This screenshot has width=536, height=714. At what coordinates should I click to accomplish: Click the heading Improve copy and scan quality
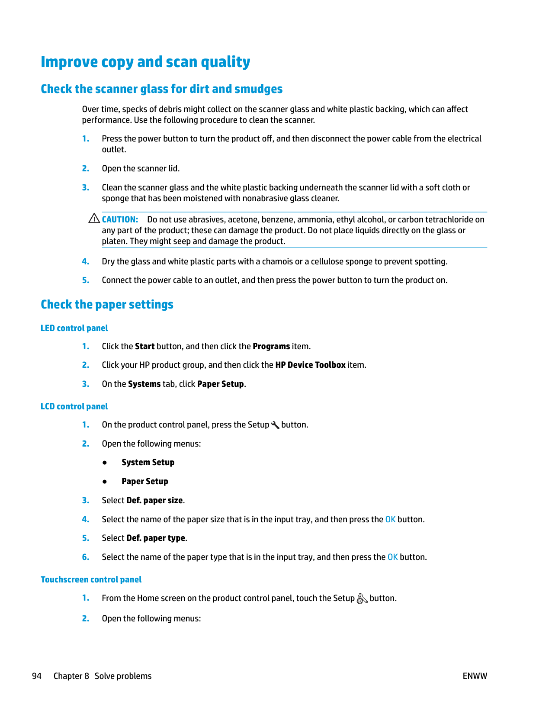(145, 62)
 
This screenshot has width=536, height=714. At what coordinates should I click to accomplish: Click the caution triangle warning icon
(94, 219)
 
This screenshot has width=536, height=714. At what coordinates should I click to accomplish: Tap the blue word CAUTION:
(120, 219)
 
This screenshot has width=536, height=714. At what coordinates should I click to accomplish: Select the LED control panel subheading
(74, 328)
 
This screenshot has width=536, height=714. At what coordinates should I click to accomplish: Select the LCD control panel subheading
(74, 406)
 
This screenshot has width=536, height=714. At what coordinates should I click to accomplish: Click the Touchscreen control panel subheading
(91, 579)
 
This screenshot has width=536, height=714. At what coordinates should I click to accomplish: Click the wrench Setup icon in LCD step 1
(275, 425)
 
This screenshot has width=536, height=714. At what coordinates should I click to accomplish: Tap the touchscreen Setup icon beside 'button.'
(362, 598)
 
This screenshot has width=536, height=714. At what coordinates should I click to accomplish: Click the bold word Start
(144, 346)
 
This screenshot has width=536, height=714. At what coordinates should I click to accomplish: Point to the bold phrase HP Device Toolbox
(310, 365)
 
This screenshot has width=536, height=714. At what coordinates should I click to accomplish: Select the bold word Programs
(271, 346)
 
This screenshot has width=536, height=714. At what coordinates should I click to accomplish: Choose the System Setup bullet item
(148, 462)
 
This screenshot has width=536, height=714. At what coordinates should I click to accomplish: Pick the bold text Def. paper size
(154, 500)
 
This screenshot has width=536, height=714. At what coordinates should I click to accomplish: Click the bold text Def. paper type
(156, 538)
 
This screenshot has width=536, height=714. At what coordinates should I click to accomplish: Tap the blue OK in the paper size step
(390, 519)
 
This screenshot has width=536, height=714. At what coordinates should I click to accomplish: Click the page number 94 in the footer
(37, 676)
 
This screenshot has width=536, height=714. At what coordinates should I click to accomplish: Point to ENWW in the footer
(475, 676)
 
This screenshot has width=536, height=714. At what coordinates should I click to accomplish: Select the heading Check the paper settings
(107, 304)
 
